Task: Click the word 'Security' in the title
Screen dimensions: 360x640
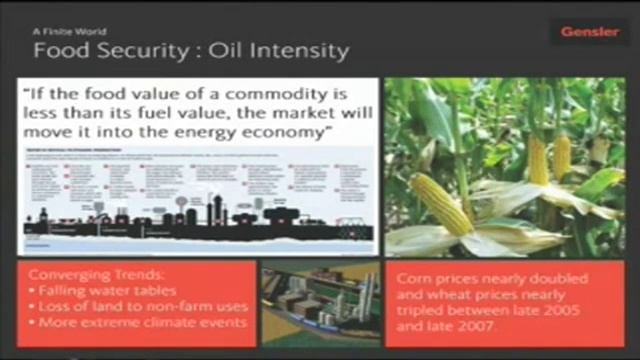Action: point(147,49)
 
